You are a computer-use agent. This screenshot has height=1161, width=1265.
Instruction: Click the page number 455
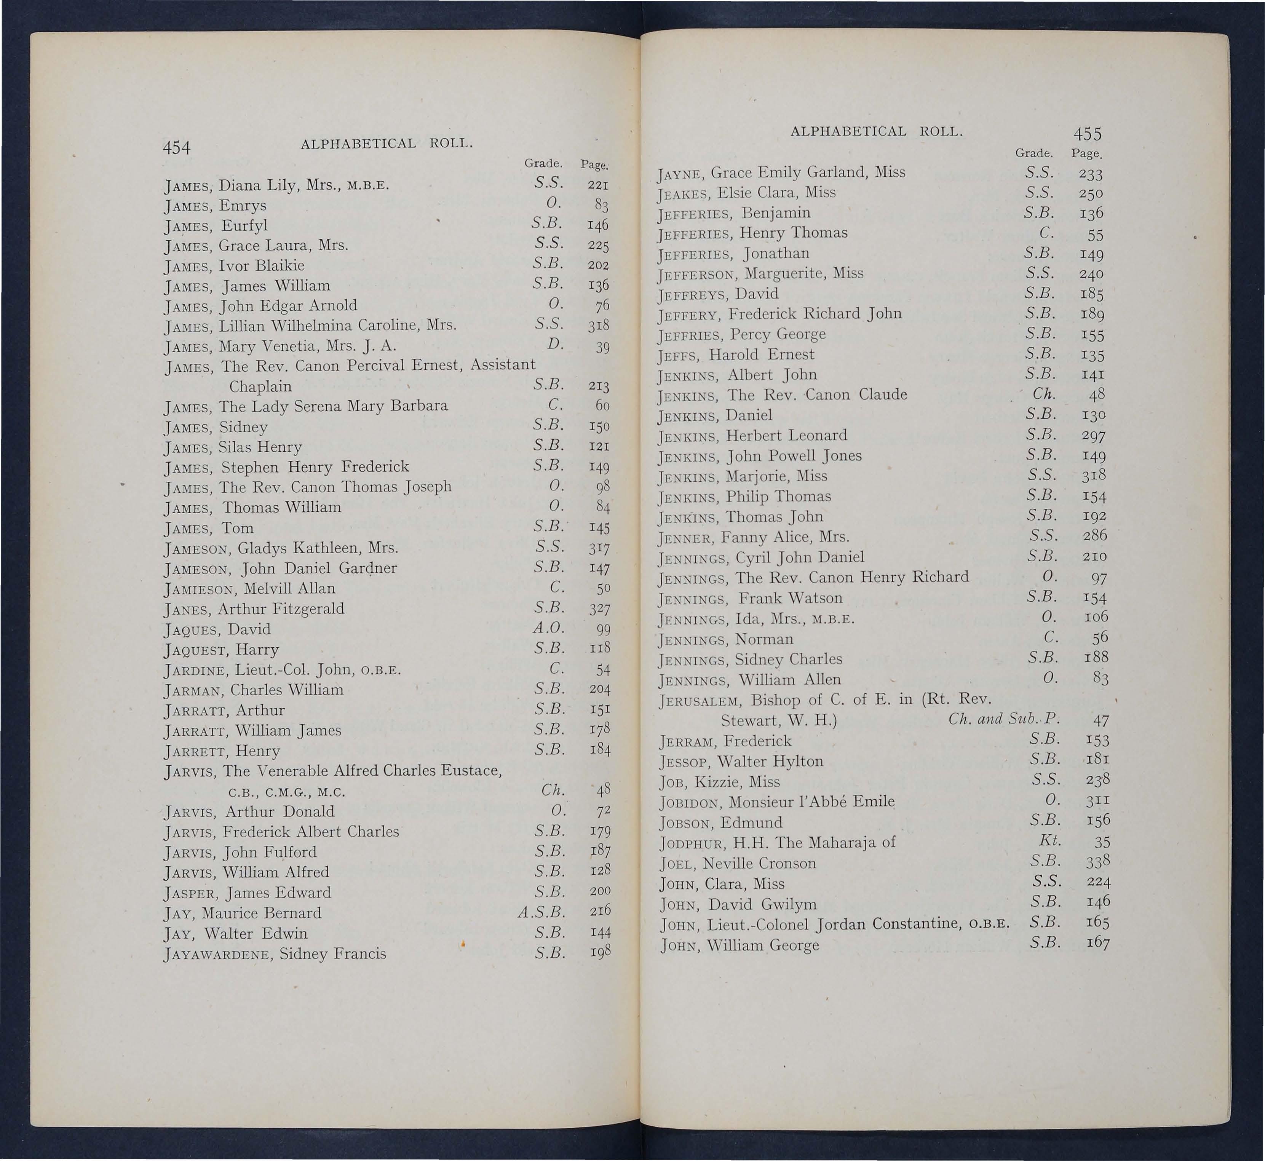pos(1087,134)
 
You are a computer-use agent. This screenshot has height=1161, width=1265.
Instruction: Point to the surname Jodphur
pos(691,844)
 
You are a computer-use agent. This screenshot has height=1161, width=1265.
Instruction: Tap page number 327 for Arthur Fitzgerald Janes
pos(599,609)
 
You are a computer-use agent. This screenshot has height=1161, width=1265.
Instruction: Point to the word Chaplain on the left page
pos(260,386)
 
